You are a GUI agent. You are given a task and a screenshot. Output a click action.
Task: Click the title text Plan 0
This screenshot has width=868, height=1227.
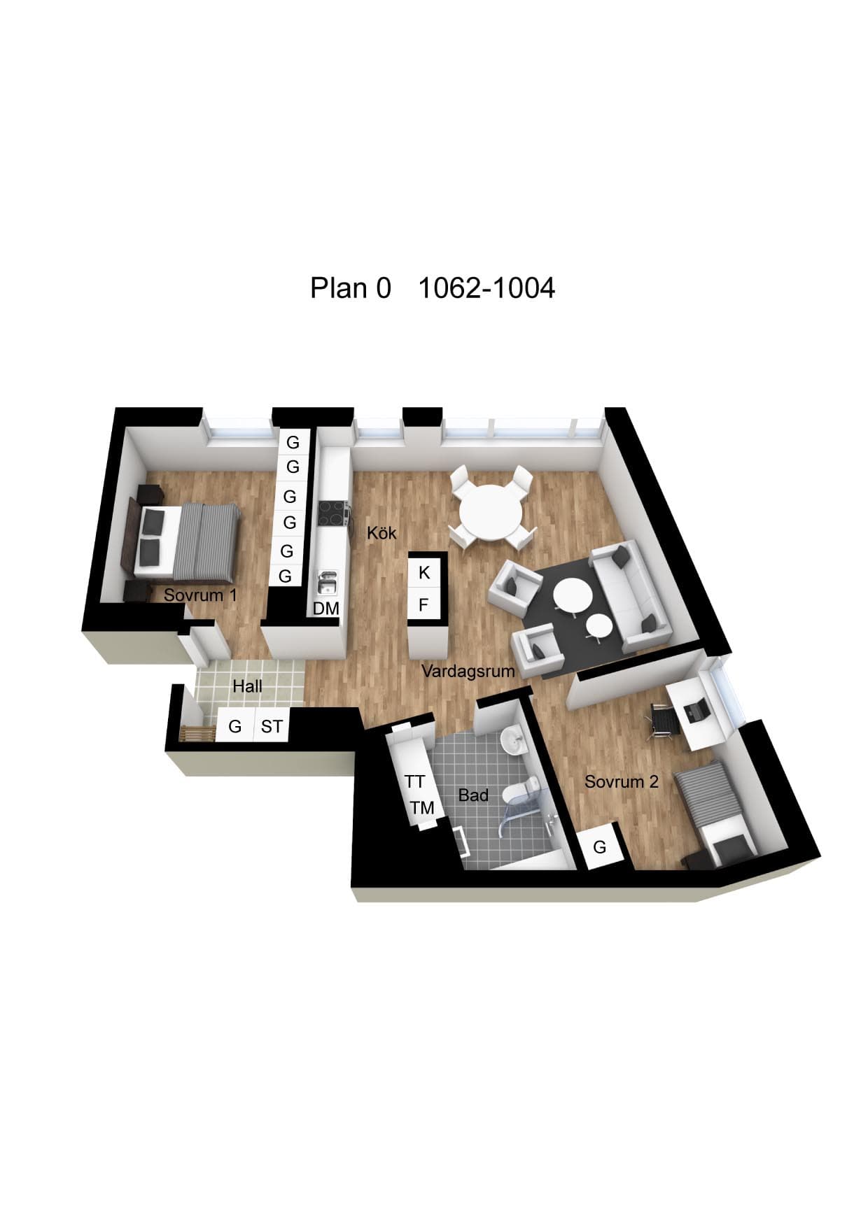click(x=351, y=288)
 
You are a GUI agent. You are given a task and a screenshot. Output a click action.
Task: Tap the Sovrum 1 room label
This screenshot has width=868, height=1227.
click(x=200, y=595)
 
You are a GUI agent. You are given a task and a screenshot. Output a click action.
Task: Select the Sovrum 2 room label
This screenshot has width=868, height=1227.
click(x=622, y=781)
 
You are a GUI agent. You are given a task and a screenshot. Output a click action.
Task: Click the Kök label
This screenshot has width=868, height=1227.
click(x=381, y=533)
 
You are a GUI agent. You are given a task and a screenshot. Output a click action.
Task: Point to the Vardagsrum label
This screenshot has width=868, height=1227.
click(x=468, y=672)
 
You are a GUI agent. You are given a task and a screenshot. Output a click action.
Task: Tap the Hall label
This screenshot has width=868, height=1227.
click(x=247, y=686)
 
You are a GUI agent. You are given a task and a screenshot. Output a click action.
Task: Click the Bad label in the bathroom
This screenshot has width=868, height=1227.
click(x=473, y=795)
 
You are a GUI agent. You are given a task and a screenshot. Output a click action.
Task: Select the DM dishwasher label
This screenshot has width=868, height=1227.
click(x=325, y=609)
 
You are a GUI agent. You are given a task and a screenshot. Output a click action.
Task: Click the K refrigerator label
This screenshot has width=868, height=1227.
click(x=424, y=573)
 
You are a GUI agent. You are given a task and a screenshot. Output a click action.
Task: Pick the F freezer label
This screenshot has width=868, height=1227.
click(x=423, y=605)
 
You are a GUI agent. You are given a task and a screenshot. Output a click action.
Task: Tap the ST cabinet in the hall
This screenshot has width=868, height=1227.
click(x=272, y=728)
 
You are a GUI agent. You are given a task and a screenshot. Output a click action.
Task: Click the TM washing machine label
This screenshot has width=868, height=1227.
click(x=422, y=809)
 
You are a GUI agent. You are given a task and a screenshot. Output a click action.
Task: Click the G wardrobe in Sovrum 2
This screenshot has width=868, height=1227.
click(x=599, y=847)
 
